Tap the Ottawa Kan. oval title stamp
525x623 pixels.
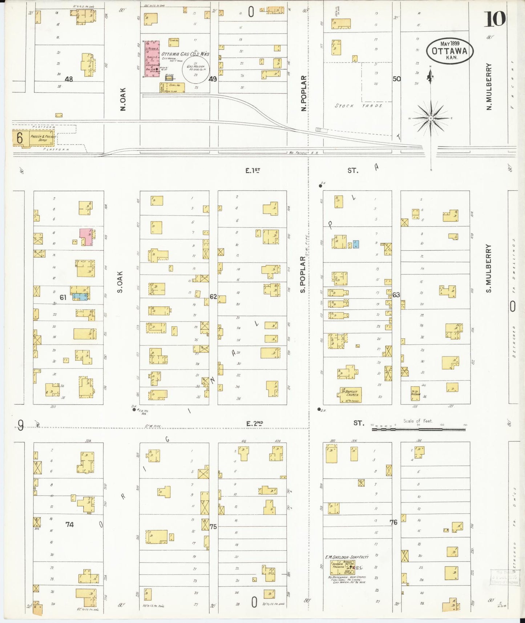point(449,51)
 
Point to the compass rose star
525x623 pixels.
point(431,118)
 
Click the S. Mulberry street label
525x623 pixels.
point(489,268)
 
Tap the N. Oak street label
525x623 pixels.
point(123,99)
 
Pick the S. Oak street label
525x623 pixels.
point(121,282)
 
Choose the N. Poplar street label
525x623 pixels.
point(304,93)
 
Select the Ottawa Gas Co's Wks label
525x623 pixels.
point(185,54)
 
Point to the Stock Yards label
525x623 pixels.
point(358,106)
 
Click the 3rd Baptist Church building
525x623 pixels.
point(351,395)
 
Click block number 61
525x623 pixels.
point(63,297)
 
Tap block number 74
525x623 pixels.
point(69,524)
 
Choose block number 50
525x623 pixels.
point(396,79)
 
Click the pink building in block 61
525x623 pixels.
point(86,237)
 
